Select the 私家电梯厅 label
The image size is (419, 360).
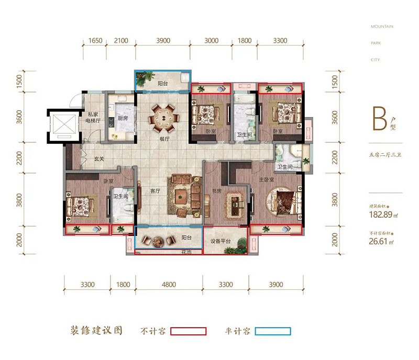coord(94,117)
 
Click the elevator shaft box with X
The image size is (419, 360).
coord(62,127)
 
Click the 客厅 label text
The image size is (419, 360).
coord(155,190)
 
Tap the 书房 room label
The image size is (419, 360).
coord(216,191)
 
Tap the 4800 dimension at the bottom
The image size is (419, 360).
coord(169,285)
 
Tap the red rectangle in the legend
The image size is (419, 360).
coord(189,331)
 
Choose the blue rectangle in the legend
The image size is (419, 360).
coord(272,331)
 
